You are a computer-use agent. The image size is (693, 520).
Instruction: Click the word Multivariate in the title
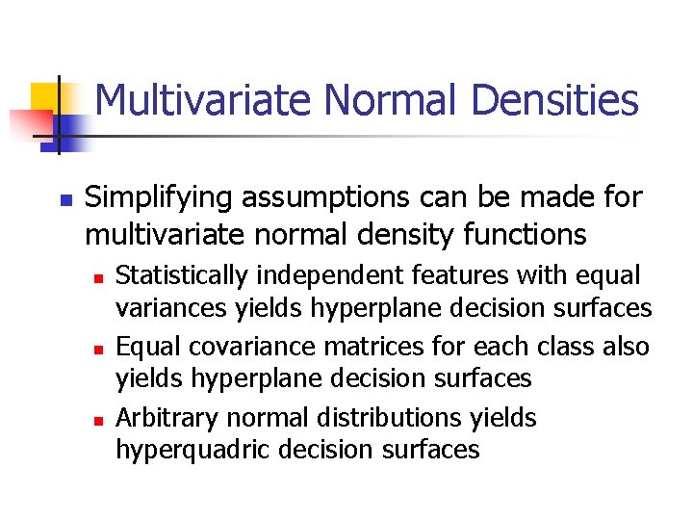point(204,100)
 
